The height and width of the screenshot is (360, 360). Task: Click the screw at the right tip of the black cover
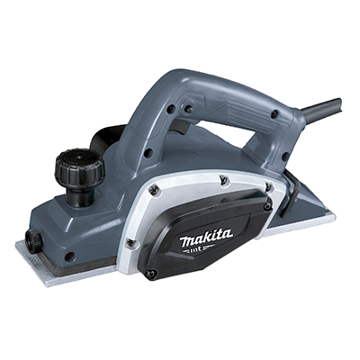point(268,206)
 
